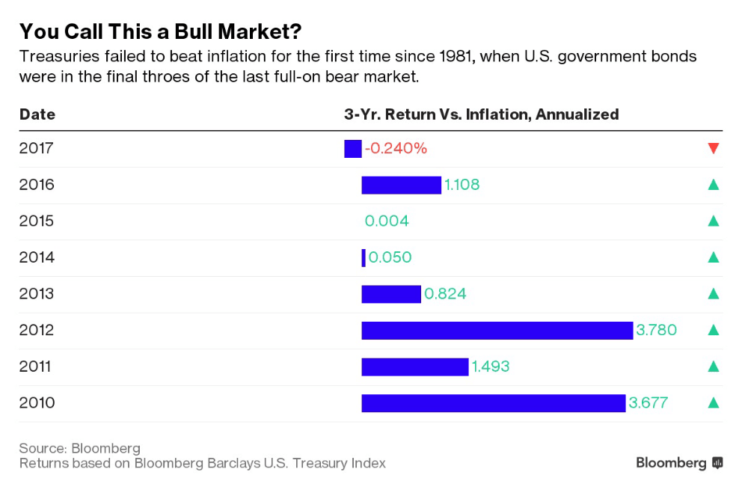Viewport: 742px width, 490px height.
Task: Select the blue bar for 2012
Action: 497,330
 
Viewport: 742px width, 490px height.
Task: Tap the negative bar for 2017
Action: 352,149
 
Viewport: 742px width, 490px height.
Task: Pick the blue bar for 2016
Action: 401,185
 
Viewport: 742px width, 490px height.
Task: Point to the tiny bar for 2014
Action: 364,257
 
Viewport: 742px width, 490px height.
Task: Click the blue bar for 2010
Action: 493,403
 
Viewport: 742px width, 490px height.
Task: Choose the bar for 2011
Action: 414,367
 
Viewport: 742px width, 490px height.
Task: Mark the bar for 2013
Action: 391,294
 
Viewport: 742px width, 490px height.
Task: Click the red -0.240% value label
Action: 396,149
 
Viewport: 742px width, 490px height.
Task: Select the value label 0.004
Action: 387,221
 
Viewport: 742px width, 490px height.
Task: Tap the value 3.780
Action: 656,330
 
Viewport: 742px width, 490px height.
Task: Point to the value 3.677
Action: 648,403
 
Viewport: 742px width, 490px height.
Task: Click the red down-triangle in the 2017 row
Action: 713,148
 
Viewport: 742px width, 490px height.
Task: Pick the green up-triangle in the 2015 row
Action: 713,221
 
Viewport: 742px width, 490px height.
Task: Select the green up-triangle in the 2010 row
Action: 713,403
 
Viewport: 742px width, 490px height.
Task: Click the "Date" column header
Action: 37,114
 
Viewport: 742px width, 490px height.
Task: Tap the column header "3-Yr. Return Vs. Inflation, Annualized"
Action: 481,114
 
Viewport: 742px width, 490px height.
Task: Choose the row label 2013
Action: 37,294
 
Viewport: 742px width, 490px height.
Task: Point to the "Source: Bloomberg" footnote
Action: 79,448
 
